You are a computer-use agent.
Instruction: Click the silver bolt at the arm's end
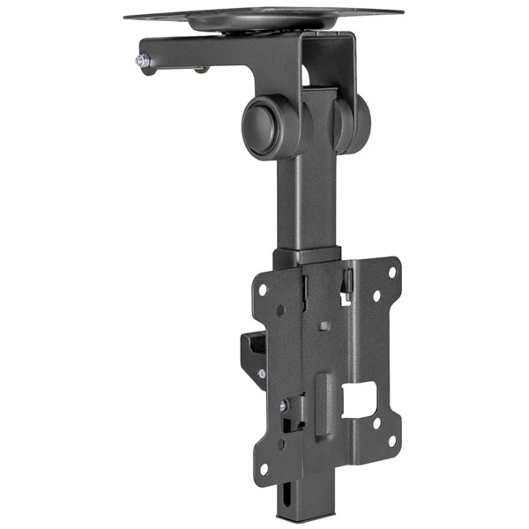point(140,61)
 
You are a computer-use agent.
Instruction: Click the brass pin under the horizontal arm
point(202,70)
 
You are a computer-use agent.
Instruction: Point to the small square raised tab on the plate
point(326,325)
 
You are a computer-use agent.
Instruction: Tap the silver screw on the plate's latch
point(284,406)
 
